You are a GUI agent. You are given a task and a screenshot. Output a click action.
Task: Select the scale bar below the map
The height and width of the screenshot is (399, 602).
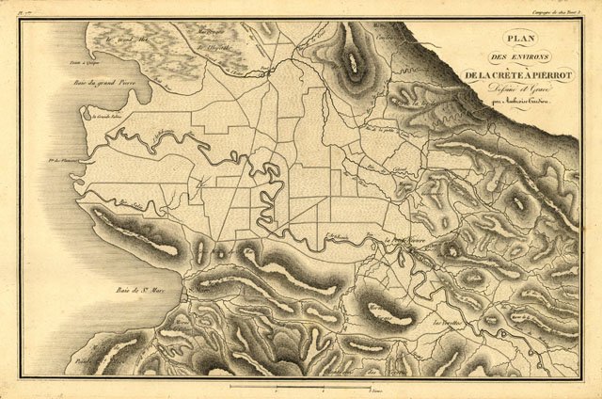301,386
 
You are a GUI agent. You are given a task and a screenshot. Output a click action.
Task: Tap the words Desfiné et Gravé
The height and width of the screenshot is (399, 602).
525,90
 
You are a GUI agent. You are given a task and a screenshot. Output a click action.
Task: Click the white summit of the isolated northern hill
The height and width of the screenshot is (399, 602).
355,56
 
